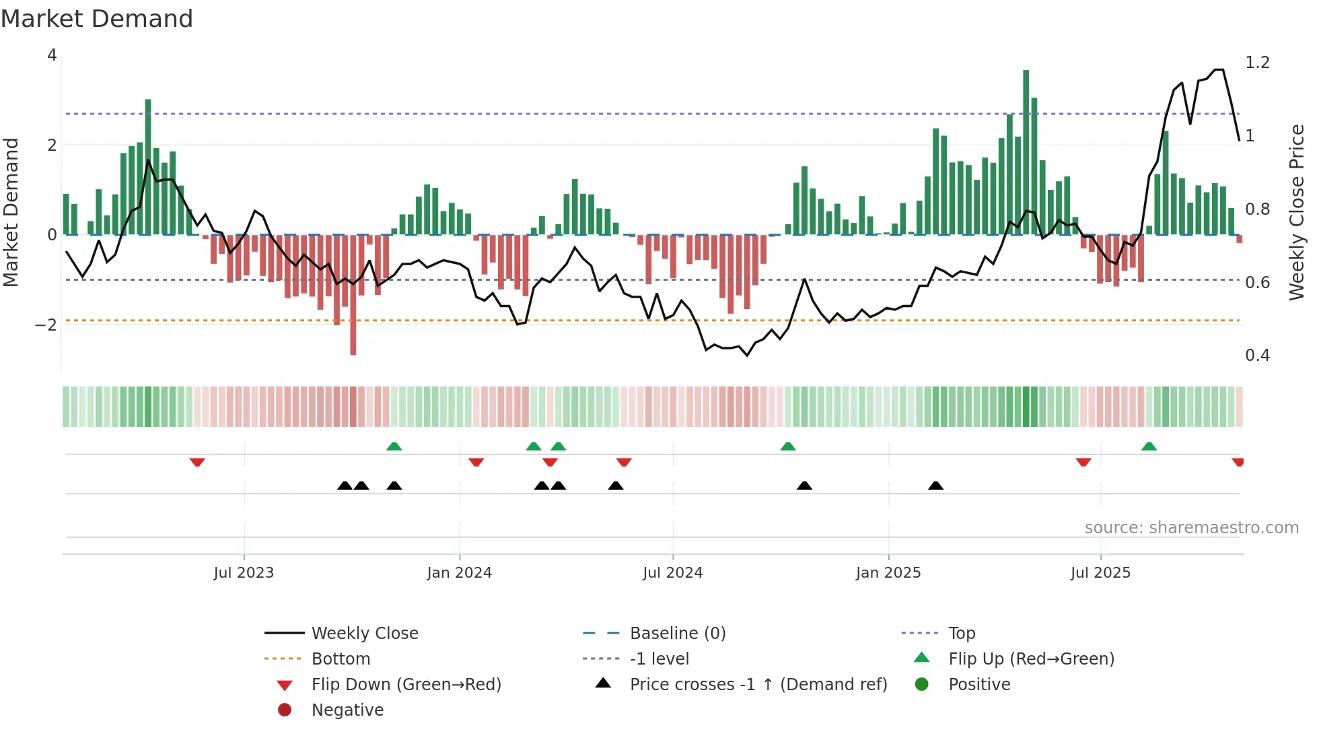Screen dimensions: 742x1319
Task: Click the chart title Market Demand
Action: (97, 19)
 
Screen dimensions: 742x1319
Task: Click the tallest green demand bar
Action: (1026, 151)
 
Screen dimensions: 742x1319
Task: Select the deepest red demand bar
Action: (353, 294)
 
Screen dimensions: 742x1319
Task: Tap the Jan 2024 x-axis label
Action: (459, 573)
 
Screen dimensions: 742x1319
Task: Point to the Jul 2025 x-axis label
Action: (1100, 573)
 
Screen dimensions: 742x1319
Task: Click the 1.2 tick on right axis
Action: (1257, 63)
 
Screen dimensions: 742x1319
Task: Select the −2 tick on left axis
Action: (46, 325)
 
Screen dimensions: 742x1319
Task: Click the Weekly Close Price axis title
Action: (1296, 212)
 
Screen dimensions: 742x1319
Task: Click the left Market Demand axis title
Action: (11, 212)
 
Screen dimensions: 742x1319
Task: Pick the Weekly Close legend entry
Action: (364, 633)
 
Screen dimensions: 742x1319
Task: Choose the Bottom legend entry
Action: (341, 659)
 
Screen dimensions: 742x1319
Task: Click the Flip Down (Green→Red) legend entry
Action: (406, 684)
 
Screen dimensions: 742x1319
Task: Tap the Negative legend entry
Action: (347, 710)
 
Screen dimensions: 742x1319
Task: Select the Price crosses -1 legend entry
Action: (758, 684)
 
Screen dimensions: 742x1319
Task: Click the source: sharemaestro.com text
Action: (1191, 527)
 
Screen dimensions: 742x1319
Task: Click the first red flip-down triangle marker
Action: (197, 462)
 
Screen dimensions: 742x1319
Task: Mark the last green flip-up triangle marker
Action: (1149, 446)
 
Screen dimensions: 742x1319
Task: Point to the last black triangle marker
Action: (935, 485)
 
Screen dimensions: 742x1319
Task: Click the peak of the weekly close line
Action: (1219, 69)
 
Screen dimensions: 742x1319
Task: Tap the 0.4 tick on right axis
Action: (1257, 356)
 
